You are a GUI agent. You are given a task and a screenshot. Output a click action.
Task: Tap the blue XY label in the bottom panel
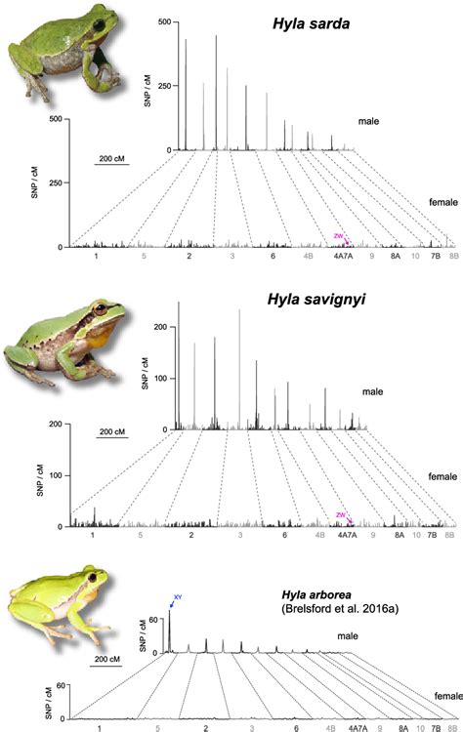(x=177, y=596)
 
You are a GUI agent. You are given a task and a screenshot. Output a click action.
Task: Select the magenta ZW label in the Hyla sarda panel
(x=339, y=236)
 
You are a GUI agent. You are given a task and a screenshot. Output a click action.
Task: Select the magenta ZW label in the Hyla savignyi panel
(x=340, y=514)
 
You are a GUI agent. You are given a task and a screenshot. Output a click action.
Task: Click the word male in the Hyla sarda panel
(x=368, y=120)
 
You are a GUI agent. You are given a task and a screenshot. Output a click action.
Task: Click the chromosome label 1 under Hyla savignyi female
(x=91, y=536)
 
